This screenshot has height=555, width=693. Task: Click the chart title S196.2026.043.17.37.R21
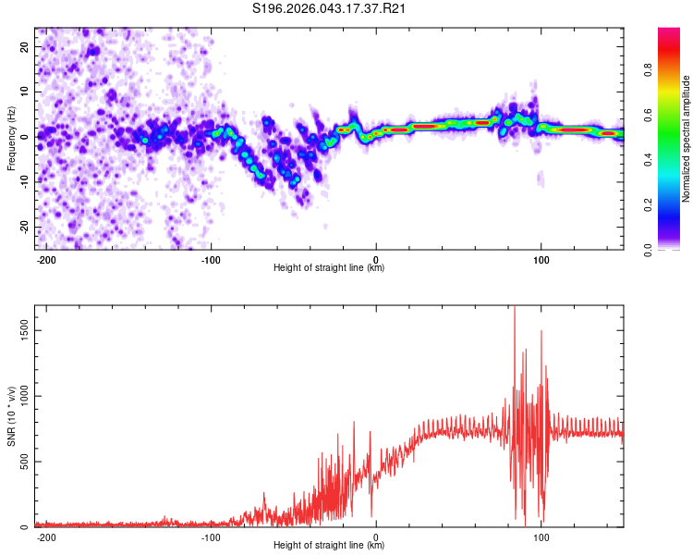point(330,9)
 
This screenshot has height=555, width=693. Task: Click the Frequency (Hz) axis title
point(11,139)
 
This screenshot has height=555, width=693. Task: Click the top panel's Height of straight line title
point(329,268)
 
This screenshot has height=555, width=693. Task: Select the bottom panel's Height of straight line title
point(329,546)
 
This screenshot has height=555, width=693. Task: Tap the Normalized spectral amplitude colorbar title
point(687,139)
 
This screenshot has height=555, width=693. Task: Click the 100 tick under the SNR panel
point(541,536)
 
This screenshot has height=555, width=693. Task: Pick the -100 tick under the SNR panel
point(210,536)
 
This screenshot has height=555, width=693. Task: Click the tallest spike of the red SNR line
point(515,308)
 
